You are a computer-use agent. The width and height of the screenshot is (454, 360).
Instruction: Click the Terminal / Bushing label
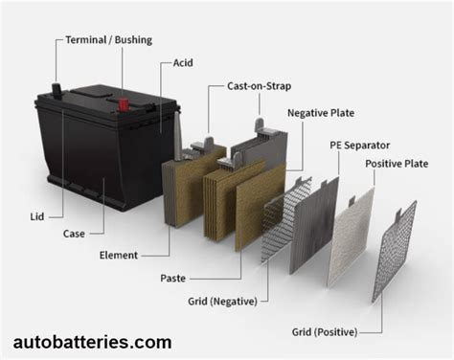tap(107, 40)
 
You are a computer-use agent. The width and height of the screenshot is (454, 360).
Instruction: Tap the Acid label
tap(184, 62)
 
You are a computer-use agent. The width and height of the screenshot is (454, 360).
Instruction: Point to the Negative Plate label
tap(320, 112)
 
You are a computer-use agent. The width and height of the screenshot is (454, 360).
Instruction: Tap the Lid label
tap(37, 217)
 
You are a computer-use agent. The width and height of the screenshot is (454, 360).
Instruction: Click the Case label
tap(75, 233)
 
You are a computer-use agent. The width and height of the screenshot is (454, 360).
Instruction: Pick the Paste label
tap(173, 278)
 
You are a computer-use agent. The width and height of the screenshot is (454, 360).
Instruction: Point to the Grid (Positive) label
tap(325, 332)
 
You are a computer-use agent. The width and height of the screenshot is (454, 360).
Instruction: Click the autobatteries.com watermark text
tap(93, 342)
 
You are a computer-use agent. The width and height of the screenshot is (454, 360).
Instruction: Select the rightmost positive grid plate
tap(396, 251)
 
